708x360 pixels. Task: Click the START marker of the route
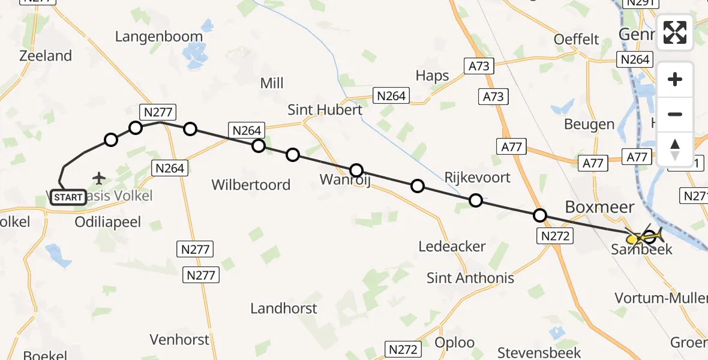68,197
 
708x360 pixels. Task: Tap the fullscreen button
675,32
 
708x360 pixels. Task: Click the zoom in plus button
675,79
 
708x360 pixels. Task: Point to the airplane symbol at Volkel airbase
99,178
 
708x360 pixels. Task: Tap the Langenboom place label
159,37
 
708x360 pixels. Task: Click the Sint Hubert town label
325,110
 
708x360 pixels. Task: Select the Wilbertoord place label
251,185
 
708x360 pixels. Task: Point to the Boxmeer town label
599,207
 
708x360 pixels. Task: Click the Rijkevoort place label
478,177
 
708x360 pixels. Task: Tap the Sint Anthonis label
470,278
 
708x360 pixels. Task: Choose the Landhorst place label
284,308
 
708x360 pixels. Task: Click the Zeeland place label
46,56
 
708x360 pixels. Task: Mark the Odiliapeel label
108,222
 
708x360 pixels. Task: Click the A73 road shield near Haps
479,67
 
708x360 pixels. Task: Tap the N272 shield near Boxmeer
555,236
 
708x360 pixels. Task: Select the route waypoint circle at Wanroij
356,170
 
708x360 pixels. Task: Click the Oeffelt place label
577,40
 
